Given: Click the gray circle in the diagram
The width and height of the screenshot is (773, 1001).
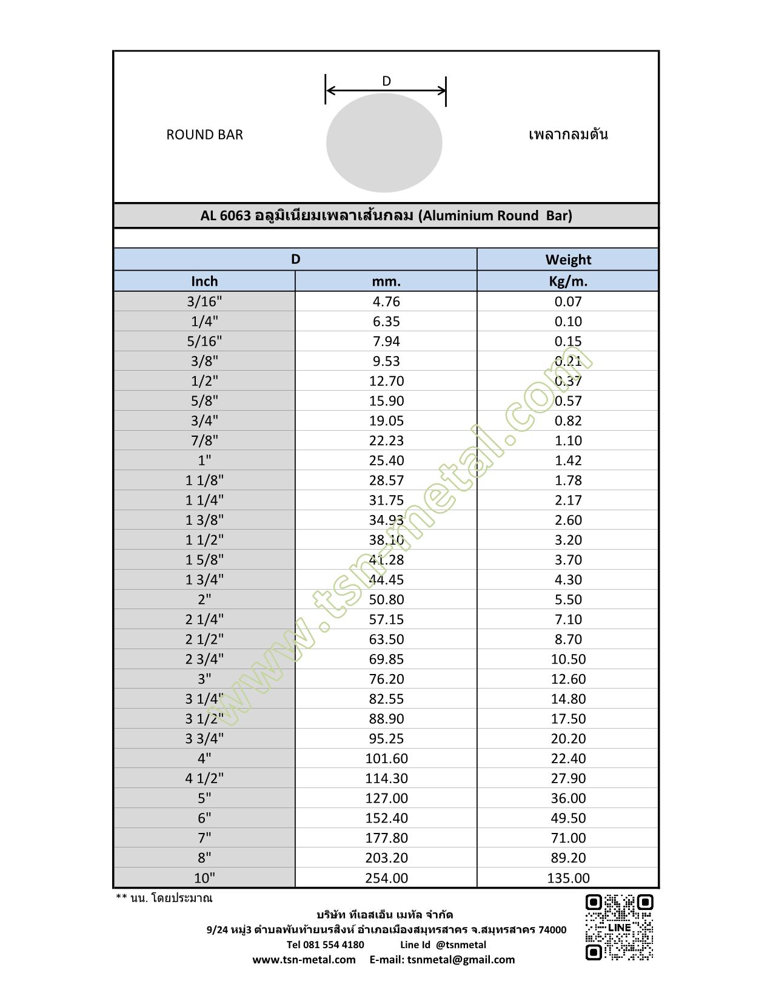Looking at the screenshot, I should click(384, 143).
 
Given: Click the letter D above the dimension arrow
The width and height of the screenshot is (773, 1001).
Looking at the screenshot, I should click(386, 81).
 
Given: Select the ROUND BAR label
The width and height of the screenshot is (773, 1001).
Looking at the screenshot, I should click(204, 135).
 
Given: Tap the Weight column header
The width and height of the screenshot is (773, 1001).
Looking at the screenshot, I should click(568, 260).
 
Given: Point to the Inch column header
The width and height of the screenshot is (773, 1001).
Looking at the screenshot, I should click(204, 281).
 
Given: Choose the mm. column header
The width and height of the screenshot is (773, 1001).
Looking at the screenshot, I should click(386, 281).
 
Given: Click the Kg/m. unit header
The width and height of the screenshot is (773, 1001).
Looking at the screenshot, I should click(568, 281).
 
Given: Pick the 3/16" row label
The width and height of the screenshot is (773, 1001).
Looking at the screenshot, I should click(204, 302).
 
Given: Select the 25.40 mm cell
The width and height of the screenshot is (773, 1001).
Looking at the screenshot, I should click(386, 460).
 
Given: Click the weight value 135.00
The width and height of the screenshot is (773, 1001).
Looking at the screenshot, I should click(568, 878).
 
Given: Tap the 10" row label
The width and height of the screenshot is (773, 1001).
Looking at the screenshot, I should click(204, 878).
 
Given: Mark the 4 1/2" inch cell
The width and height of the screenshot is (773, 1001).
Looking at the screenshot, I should click(204, 778).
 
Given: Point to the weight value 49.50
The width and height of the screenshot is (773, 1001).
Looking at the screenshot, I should click(568, 818).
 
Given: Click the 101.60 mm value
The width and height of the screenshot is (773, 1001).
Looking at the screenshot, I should click(386, 758).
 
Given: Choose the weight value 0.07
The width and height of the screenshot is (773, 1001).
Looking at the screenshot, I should click(568, 302).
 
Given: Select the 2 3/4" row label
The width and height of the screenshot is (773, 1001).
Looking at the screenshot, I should click(204, 659).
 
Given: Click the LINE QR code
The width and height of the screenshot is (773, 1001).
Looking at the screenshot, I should click(619, 927).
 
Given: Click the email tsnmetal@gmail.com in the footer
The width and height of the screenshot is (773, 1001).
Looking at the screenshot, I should click(461, 960).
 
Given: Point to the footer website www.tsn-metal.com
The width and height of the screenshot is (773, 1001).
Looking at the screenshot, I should click(304, 960).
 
